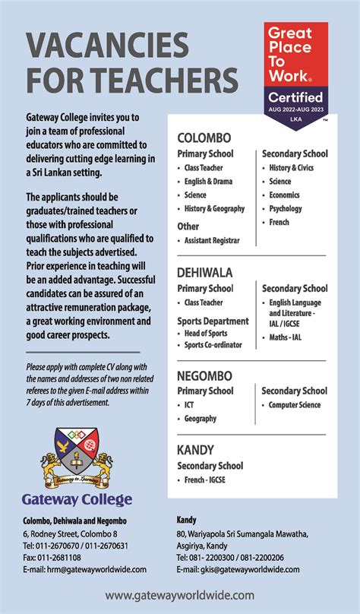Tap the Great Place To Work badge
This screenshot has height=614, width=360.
[x=296, y=74]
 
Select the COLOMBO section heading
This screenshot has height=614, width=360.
[x=204, y=138]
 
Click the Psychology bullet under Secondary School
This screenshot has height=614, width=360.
[x=286, y=209]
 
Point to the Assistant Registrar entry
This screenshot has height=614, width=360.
[x=212, y=240]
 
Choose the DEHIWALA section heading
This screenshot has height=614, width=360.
[x=205, y=272]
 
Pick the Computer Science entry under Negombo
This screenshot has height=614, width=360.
[x=295, y=405]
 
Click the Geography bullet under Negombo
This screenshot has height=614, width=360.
[x=201, y=419]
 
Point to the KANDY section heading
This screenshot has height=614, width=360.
[x=196, y=449]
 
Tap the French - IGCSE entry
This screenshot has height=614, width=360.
[x=205, y=480]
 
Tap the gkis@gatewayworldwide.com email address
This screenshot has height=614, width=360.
[x=238, y=569]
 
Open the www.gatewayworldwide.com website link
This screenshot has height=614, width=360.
[x=180, y=596]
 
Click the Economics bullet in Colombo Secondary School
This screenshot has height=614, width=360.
[x=285, y=195]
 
